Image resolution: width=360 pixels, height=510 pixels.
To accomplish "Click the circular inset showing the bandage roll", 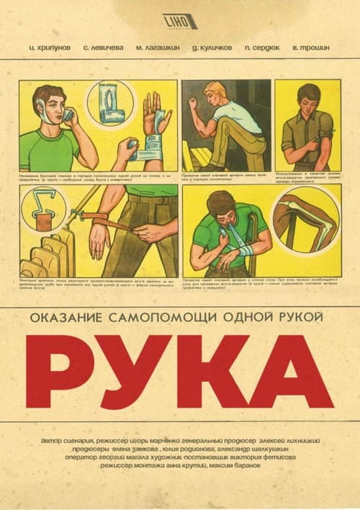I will (110, 103).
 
